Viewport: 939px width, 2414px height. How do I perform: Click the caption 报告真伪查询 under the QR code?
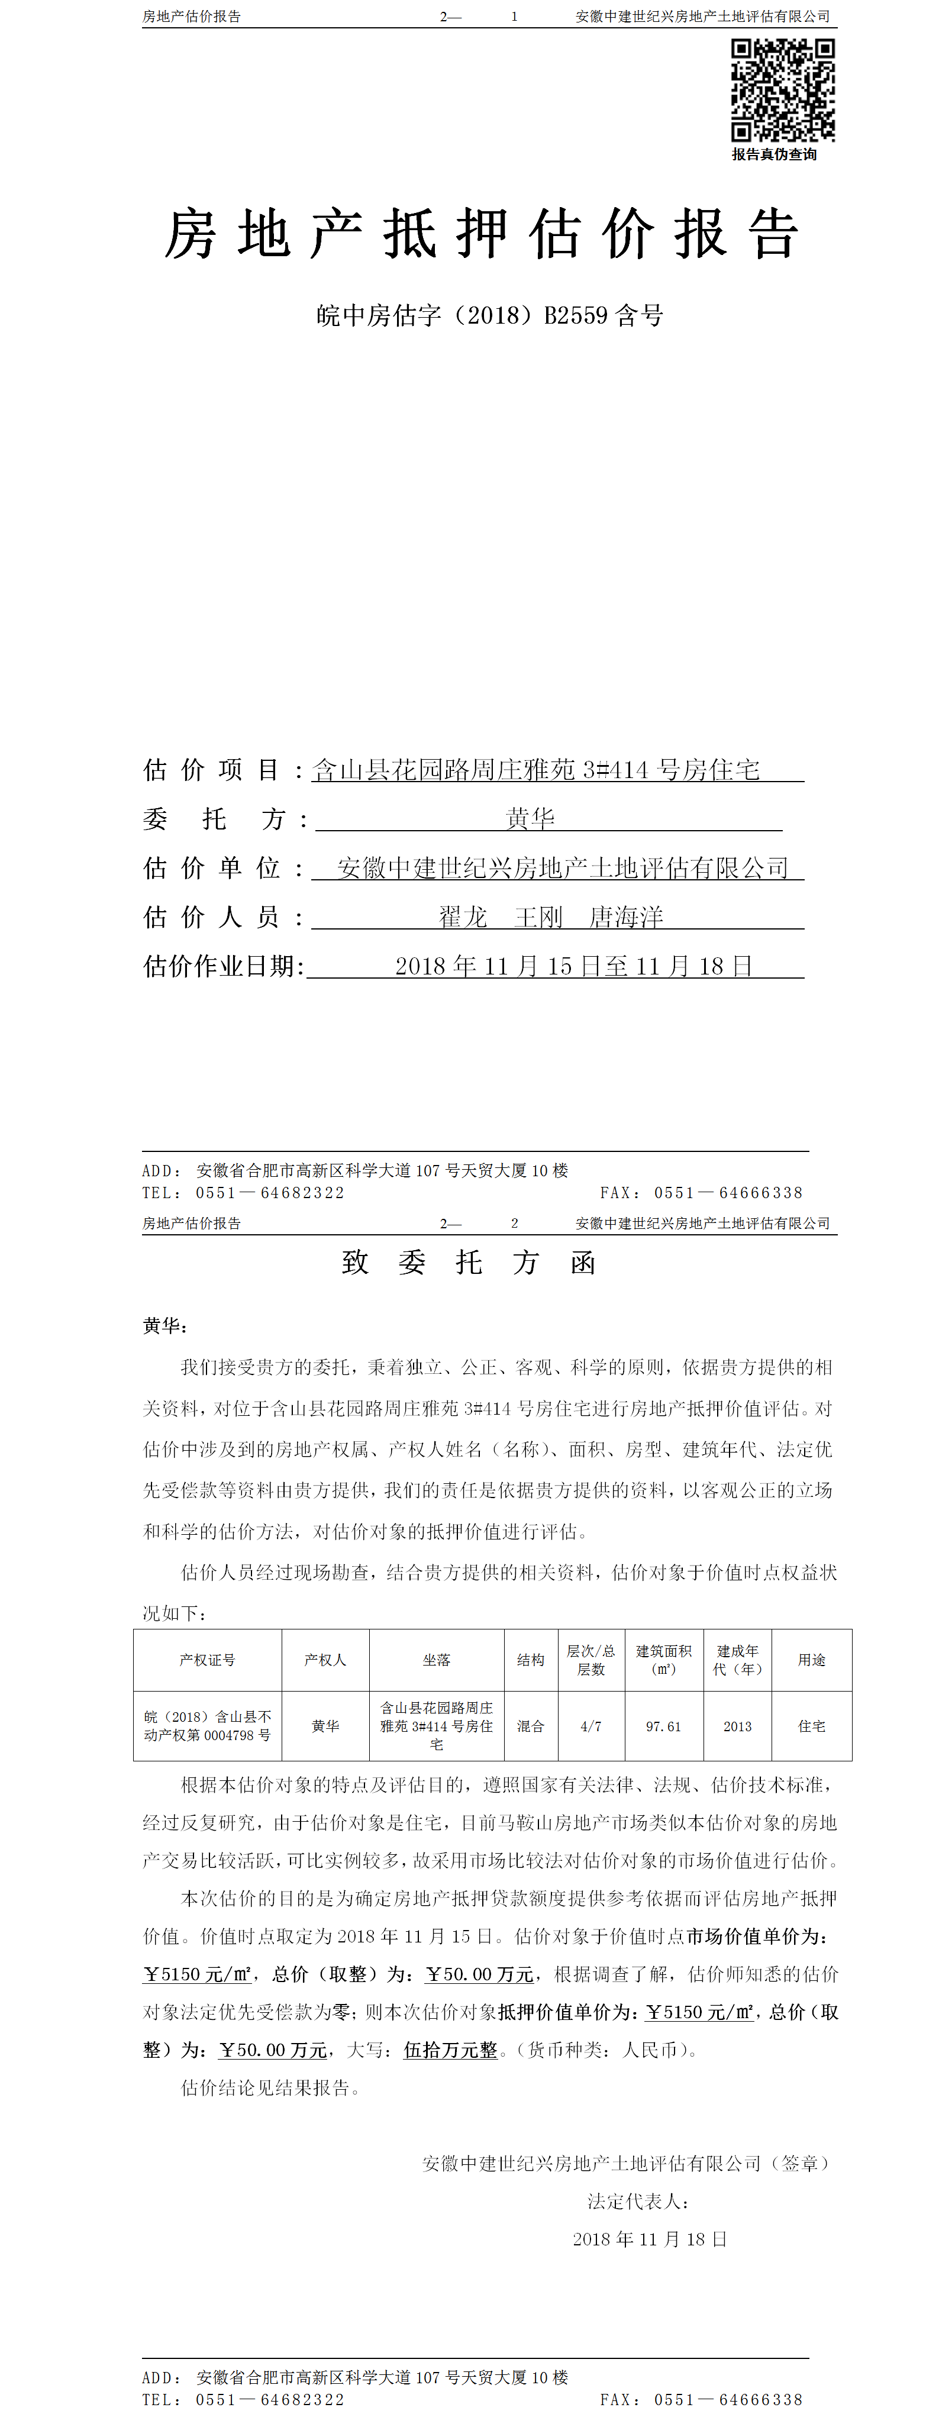tap(774, 154)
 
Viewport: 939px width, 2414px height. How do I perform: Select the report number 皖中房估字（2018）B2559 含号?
tap(489, 316)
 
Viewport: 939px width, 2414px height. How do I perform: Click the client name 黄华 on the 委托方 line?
tap(530, 819)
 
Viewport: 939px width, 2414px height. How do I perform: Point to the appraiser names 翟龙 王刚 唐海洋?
tap(551, 916)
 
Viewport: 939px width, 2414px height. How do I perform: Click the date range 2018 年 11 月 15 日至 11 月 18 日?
tap(573, 966)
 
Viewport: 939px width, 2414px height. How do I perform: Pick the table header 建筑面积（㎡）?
tap(663, 1660)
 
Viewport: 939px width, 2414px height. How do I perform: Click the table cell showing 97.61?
tap(663, 1726)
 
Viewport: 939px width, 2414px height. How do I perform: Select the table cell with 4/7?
tap(590, 1726)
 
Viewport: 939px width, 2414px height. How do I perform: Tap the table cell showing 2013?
tap(737, 1726)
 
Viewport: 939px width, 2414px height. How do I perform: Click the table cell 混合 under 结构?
tap(530, 1726)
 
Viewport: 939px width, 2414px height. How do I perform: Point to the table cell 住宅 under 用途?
tap(812, 1726)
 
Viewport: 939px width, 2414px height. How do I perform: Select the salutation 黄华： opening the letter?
tap(166, 1326)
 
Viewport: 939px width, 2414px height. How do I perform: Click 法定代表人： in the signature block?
tap(639, 2201)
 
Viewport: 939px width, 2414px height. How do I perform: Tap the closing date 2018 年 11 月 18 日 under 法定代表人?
tap(650, 2239)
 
